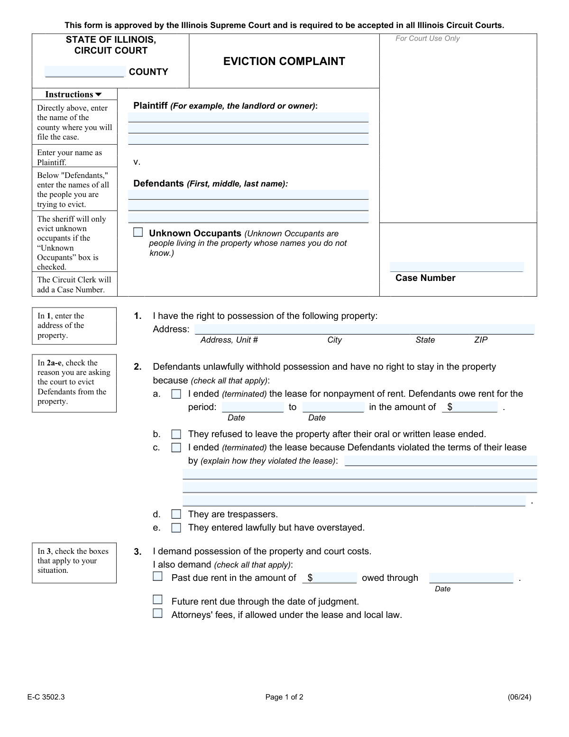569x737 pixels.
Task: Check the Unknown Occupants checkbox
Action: (138, 233)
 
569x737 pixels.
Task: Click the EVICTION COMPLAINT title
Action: (284, 61)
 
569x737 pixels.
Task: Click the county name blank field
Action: (84, 72)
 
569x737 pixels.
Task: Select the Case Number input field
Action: (456, 267)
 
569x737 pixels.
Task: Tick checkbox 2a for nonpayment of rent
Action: (176, 394)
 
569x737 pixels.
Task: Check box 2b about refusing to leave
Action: (176, 434)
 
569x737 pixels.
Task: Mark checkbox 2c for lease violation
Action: (176, 448)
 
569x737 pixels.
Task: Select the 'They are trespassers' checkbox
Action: (176, 514)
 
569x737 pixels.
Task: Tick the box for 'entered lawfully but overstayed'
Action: (176, 528)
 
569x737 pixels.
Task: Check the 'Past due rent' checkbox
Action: (158, 577)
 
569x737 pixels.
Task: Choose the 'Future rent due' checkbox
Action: (158, 600)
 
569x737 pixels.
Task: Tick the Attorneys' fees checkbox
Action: (158, 613)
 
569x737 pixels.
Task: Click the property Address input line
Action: (364, 329)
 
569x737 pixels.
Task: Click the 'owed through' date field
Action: (471, 578)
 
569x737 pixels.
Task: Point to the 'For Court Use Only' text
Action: (428, 38)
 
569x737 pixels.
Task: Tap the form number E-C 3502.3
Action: (46, 697)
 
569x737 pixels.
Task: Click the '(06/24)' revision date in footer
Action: (519, 697)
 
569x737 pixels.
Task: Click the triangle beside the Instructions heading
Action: (99, 94)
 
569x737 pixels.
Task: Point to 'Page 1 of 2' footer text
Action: (284, 697)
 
